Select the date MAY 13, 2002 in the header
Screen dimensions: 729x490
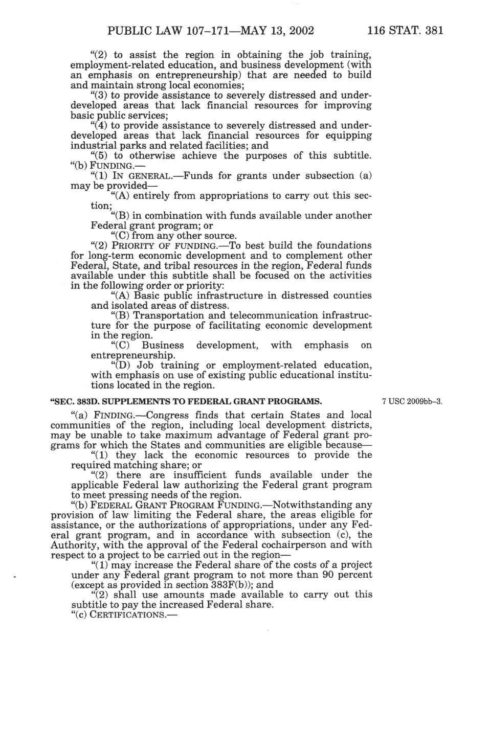264,30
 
